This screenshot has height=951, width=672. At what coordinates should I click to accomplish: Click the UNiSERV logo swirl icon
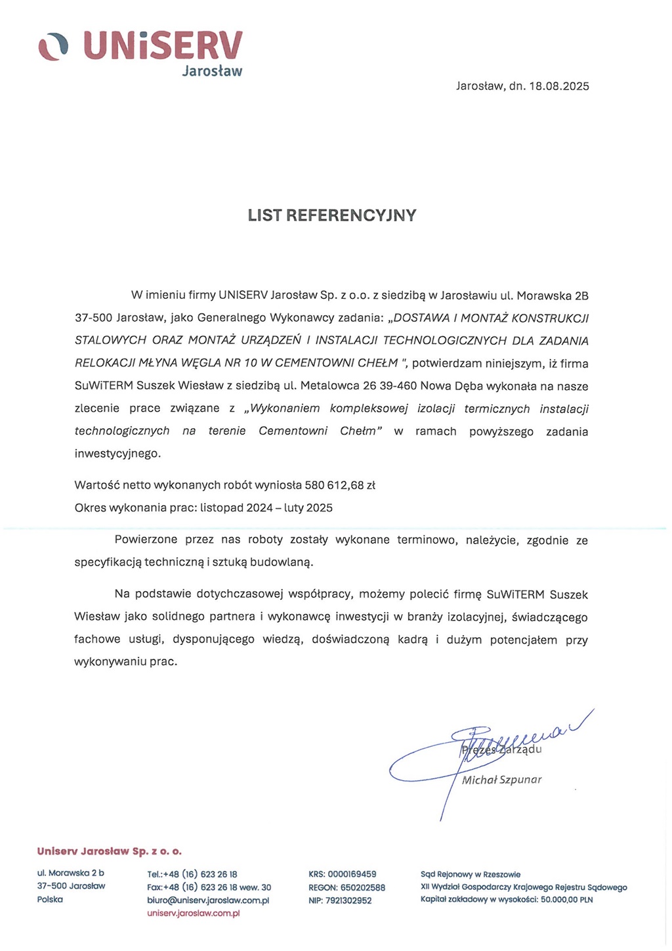pyautogui.click(x=53, y=46)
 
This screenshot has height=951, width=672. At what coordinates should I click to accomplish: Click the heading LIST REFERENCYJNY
pyautogui.click(x=332, y=215)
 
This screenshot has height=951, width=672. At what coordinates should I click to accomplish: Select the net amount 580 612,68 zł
pyautogui.click(x=340, y=485)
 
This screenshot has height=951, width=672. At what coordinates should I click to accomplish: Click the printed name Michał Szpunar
pyautogui.click(x=501, y=780)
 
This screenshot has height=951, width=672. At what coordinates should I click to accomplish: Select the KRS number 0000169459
pyautogui.click(x=352, y=874)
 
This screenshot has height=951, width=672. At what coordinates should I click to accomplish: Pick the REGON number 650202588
pyautogui.click(x=363, y=887)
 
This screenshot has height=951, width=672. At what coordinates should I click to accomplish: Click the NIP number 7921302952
pyautogui.click(x=348, y=900)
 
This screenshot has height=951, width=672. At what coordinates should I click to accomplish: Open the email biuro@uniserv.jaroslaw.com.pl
pyautogui.click(x=208, y=900)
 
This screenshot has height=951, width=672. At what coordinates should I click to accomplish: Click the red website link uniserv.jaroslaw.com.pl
pyautogui.click(x=194, y=914)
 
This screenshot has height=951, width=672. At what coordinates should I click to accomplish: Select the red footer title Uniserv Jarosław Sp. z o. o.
pyautogui.click(x=110, y=851)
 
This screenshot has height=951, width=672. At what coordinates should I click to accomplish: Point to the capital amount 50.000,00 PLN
pyautogui.click(x=567, y=900)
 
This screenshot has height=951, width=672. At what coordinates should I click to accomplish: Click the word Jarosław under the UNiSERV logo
pyautogui.click(x=211, y=71)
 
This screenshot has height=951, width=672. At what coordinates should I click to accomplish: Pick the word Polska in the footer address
pyautogui.click(x=50, y=899)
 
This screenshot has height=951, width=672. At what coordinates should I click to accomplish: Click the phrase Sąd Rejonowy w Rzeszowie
pyautogui.click(x=471, y=874)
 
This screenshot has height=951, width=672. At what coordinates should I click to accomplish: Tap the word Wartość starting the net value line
pyautogui.click(x=96, y=485)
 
